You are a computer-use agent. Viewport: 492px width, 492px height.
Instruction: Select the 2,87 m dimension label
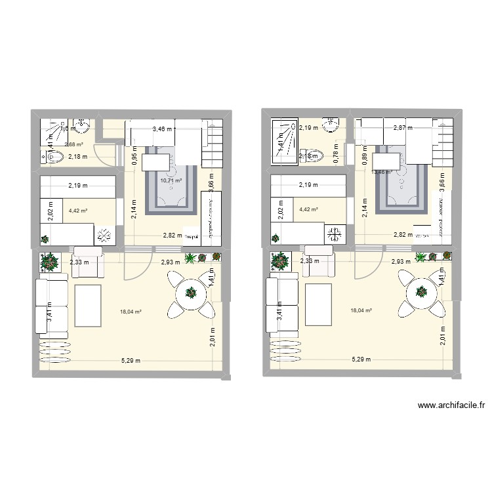click(403, 129)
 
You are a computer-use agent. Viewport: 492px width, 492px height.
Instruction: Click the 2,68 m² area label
click(73, 144)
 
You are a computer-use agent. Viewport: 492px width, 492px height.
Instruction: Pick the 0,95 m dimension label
click(133, 157)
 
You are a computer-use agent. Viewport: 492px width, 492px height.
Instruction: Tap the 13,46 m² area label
click(382, 173)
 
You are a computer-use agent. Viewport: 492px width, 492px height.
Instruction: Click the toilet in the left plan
click(54, 157)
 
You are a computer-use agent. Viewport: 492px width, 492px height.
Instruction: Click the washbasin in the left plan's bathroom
click(81, 125)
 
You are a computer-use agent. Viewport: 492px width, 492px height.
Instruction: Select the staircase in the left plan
click(211, 143)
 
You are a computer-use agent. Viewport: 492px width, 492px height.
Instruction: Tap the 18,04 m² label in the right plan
click(361, 311)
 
